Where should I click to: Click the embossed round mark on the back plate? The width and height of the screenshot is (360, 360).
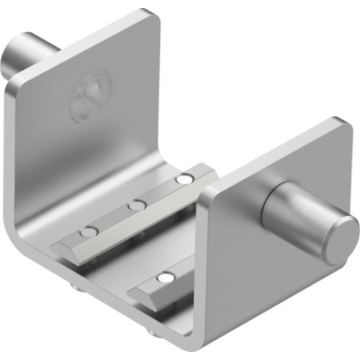(x=90, y=95)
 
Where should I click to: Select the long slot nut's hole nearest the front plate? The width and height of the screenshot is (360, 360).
(x=186, y=178)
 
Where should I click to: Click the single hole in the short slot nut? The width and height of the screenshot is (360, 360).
(x=166, y=277)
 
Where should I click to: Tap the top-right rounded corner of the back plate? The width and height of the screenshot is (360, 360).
(x=150, y=16)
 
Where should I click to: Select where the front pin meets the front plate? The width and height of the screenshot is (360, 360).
(x=265, y=203)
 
